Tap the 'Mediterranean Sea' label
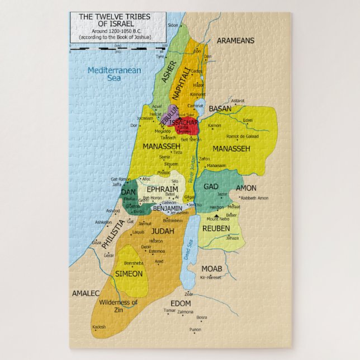click(x=106, y=74)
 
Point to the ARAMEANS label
click(x=235, y=41)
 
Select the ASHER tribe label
click(x=166, y=70)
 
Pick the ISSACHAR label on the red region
click(x=185, y=121)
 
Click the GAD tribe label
click(x=211, y=186)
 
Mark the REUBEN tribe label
click(x=216, y=229)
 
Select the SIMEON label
click(x=129, y=273)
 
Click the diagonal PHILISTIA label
click(x=113, y=234)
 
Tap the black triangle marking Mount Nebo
click(x=216, y=215)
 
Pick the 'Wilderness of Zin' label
click(x=118, y=306)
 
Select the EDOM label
click(x=181, y=303)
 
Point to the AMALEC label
click(x=86, y=293)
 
